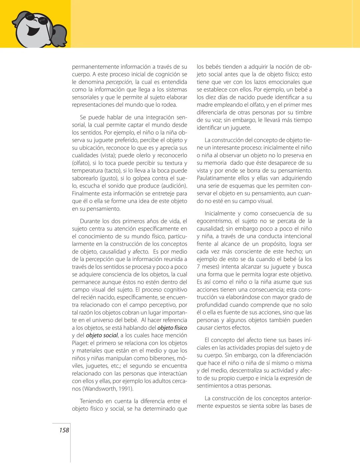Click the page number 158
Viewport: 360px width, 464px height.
(64, 430)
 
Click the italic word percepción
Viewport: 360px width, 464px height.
(119, 82)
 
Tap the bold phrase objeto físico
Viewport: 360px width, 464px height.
(172, 328)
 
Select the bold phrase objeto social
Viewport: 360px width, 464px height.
(102, 336)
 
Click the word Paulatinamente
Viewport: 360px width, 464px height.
(216, 178)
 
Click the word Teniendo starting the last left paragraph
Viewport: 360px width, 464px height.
(91, 401)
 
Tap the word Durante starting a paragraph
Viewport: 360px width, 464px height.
(90, 221)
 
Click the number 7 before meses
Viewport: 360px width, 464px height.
(198, 267)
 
